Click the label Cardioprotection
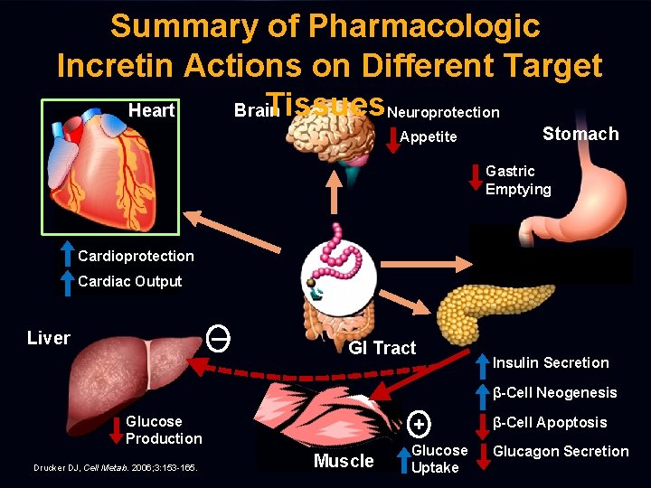(136, 256)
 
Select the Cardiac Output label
(129, 281)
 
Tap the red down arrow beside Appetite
(391, 137)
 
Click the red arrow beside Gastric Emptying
(475, 179)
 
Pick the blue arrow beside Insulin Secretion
(482, 363)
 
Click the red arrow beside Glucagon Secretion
(482, 452)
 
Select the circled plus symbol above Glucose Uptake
(418, 423)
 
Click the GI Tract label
(382, 348)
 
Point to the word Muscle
(344, 461)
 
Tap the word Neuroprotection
(442, 112)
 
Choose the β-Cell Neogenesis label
(554, 392)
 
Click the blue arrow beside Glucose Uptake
(403, 459)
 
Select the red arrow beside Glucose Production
(116, 430)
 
